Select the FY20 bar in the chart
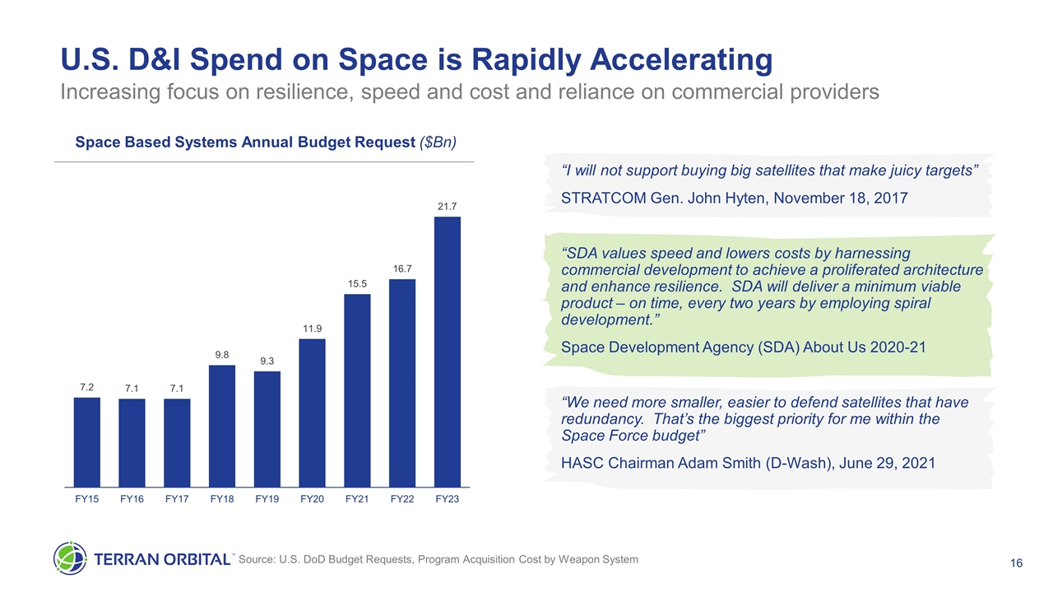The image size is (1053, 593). [x=312, y=413]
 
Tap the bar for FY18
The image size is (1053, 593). [x=222, y=426]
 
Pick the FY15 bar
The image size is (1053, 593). [x=87, y=442]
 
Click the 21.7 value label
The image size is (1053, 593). [x=447, y=205]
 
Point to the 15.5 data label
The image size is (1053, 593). [x=357, y=283]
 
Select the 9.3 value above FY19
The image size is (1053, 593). [x=267, y=361]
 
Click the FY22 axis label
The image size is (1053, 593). [x=401, y=499]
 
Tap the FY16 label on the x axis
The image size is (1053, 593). [x=132, y=499]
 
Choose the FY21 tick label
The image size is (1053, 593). [x=357, y=499]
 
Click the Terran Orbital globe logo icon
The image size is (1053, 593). [x=70, y=559]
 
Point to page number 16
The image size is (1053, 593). [x=1016, y=563]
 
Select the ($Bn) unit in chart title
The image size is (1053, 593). [x=438, y=142]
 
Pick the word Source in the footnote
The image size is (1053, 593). [x=257, y=560]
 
